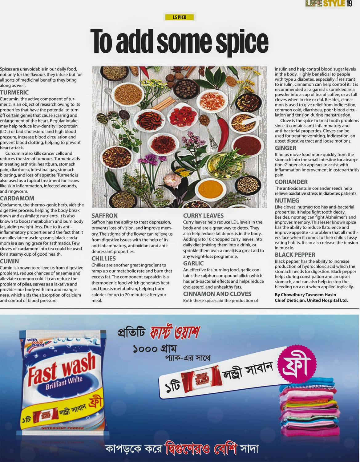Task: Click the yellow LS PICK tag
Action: click(180, 17)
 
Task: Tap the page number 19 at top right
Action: click(349, 4)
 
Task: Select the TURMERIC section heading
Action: click(14, 92)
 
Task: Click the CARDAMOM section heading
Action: click(17, 198)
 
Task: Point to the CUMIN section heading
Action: click(10, 261)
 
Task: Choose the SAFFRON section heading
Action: click(104, 216)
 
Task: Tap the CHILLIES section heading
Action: click(103, 258)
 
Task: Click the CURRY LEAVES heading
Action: click(203, 216)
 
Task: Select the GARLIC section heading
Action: click(193, 263)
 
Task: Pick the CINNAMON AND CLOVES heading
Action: click(217, 294)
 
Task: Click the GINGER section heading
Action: click(285, 148)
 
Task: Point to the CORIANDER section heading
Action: click(291, 182)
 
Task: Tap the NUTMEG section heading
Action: click(287, 201)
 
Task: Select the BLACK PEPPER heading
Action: click(295, 255)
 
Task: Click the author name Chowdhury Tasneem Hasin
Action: click(305, 295)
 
